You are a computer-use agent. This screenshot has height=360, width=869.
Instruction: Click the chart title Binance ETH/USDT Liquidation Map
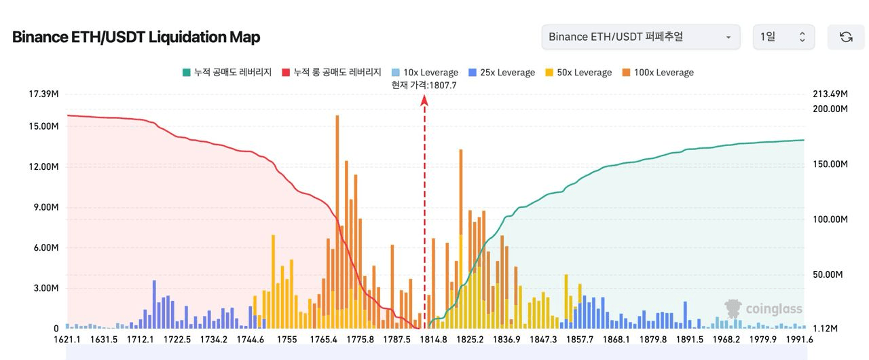[x=136, y=37]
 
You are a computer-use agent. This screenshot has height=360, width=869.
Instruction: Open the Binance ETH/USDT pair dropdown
[x=640, y=37]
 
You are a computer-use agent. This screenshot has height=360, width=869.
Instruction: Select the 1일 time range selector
[x=783, y=37]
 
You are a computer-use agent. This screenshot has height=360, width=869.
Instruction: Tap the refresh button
[x=846, y=37]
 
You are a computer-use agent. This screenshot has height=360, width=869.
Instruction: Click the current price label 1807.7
[x=424, y=85]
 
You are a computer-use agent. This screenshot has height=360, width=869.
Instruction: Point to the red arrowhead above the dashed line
[x=424, y=101]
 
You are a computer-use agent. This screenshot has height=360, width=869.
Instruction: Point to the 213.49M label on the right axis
[x=830, y=93]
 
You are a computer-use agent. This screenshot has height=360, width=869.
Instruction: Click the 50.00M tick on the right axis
[x=828, y=274]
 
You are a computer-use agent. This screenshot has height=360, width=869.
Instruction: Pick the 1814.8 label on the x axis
[x=434, y=340]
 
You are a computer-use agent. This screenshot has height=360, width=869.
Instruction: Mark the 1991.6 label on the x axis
[x=799, y=340]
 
